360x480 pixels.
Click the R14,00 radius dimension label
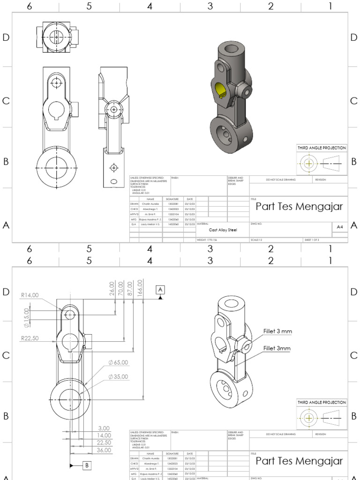click(x=30, y=295)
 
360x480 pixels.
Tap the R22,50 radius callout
click(x=30, y=337)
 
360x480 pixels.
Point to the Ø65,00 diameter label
click(x=118, y=362)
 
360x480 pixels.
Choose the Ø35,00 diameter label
click(x=118, y=376)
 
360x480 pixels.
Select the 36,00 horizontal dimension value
click(x=104, y=450)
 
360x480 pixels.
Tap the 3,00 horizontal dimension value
click(x=104, y=428)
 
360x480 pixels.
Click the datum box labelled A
click(x=161, y=290)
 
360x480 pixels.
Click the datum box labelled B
click(x=87, y=465)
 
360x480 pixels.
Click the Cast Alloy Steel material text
click(x=223, y=230)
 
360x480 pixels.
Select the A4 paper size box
click(x=339, y=226)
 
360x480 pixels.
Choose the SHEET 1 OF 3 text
click(x=312, y=240)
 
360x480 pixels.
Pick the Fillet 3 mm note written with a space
click(x=277, y=331)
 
